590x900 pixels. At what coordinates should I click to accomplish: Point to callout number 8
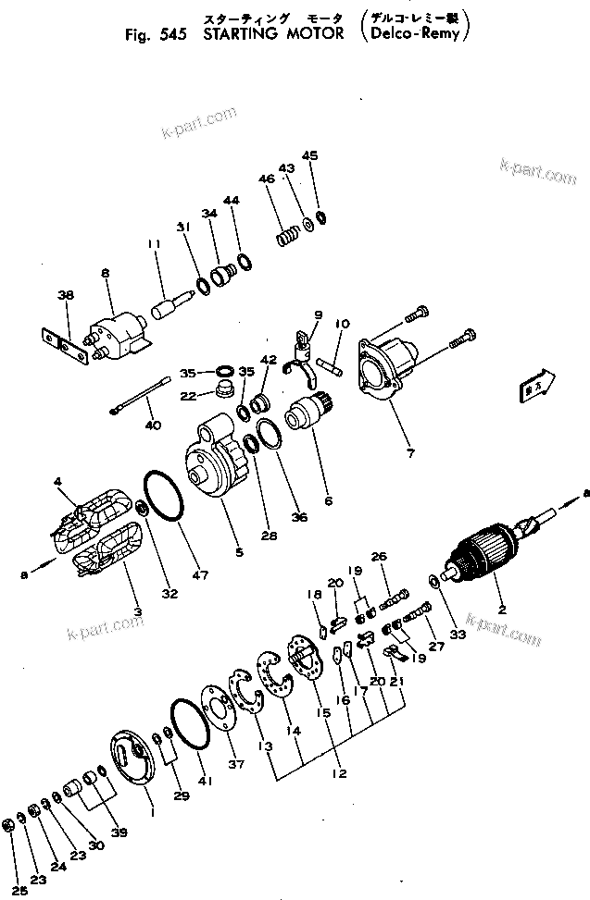point(105,274)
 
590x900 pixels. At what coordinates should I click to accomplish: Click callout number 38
point(65,296)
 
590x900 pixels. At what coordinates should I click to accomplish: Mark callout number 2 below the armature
point(503,611)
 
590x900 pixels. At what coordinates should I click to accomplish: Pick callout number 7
point(411,453)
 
